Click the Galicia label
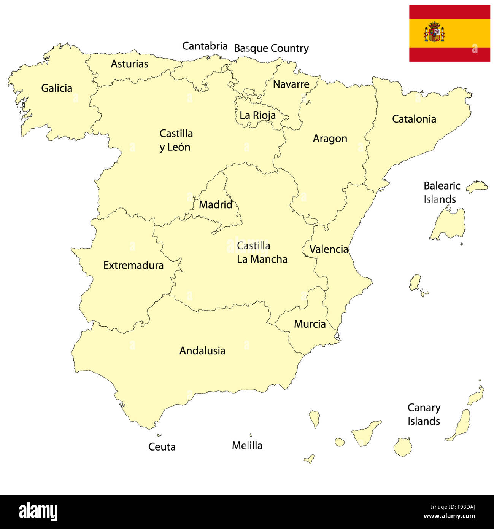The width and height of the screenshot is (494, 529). click(57, 88)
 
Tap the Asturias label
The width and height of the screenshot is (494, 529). click(129, 64)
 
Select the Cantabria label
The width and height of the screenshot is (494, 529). click(205, 46)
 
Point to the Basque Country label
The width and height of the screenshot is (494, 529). click(271, 48)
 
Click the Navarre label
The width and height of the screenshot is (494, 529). click(291, 84)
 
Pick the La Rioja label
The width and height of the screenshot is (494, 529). click(257, 115)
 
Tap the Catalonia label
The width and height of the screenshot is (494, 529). click(414, 119)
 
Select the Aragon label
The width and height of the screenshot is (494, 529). click(330, 139)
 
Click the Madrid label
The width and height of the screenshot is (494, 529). click(215, 204)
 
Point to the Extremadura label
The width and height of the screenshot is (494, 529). click(133, 265)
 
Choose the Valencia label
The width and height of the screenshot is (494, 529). click(329, 249)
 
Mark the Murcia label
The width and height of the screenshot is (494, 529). click(310, 324)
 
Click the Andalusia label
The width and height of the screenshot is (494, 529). click(202, 351)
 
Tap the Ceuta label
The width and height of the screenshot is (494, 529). click(162, 447)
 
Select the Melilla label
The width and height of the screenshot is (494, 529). click(247, 445)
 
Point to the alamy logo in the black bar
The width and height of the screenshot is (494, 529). click(38, 511)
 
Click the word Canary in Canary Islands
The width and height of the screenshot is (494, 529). click(424, 408)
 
